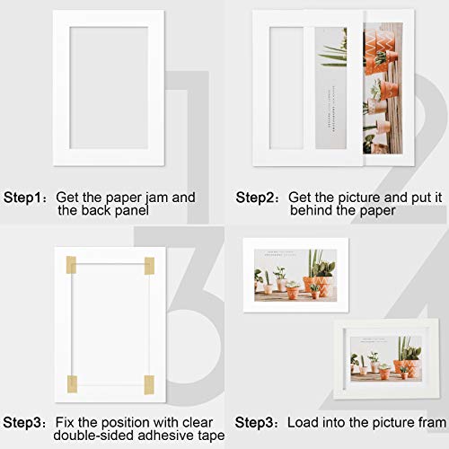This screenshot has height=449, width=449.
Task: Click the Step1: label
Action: (26, 196)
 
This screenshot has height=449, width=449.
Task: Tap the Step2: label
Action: (257, 196)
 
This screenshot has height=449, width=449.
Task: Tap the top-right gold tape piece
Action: (149, 266)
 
